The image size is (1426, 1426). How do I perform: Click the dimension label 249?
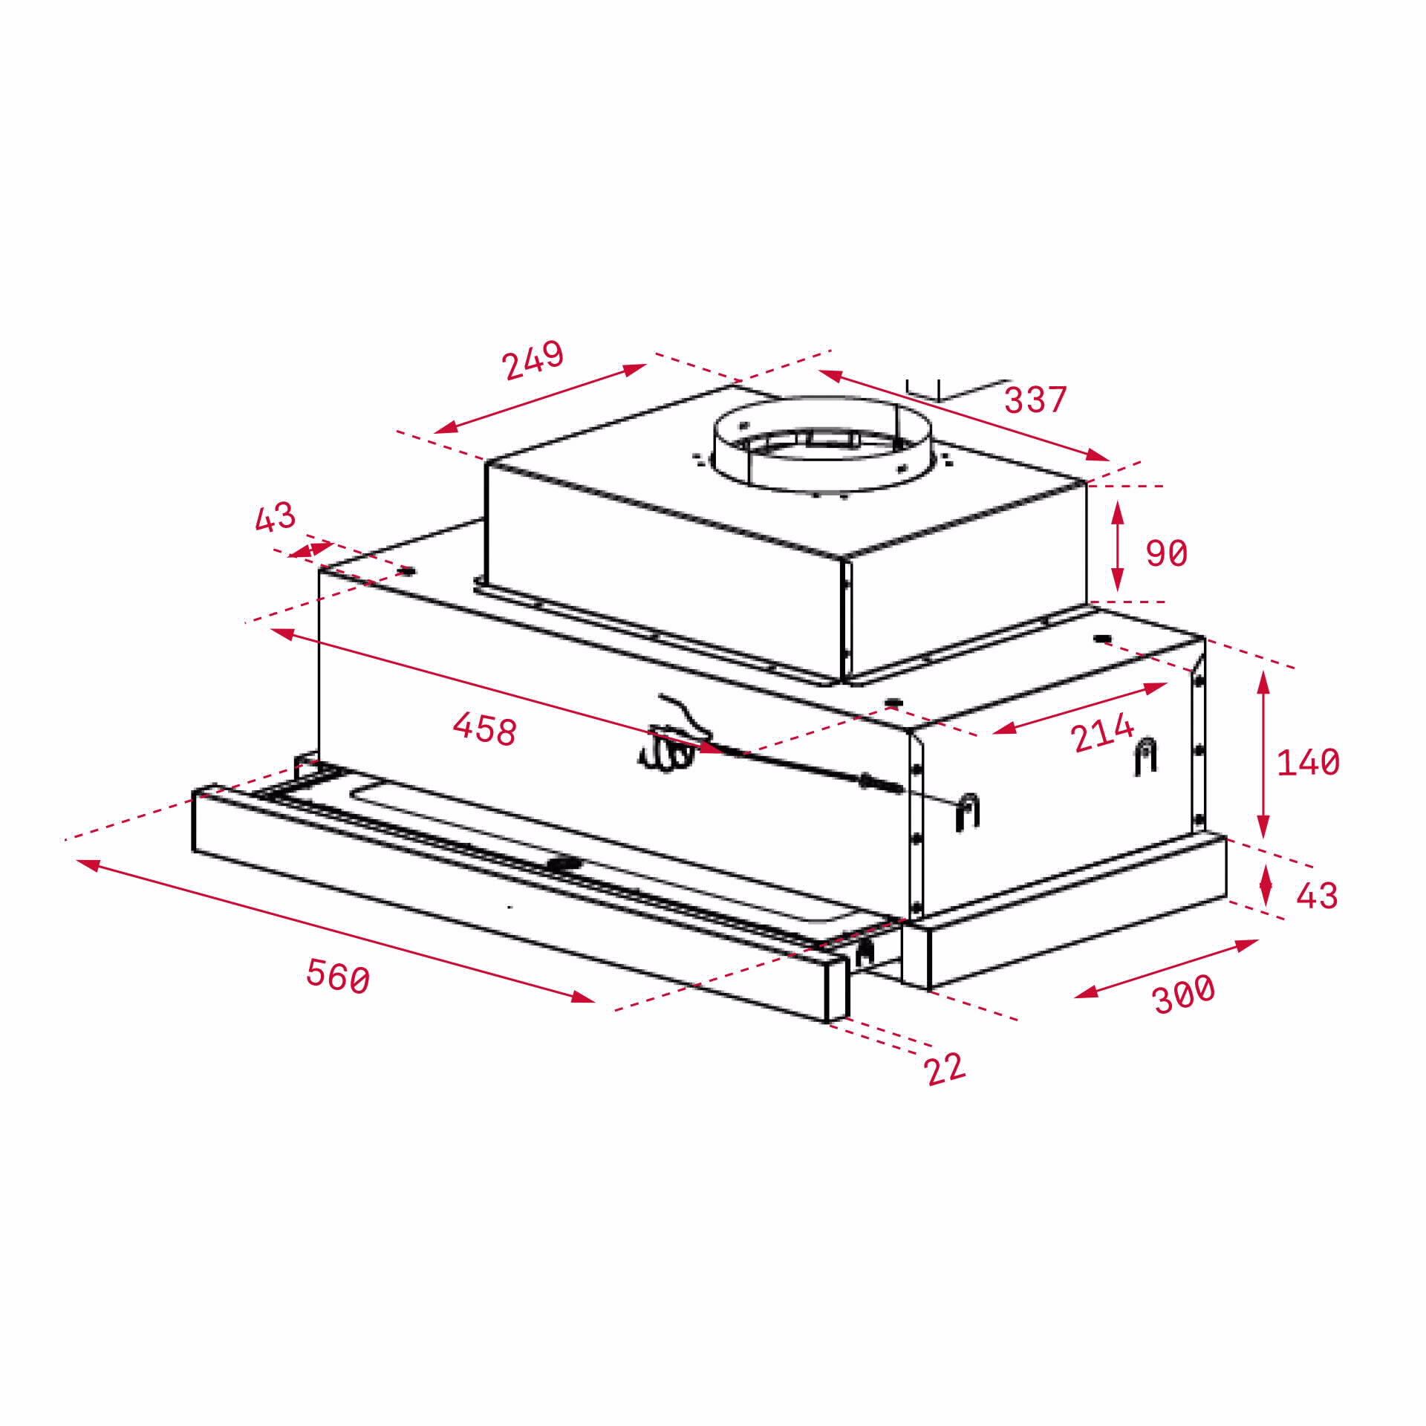pos(533,360)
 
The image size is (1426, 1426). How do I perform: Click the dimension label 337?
pos(1035,400)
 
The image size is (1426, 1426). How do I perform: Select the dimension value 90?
pos(1166,553)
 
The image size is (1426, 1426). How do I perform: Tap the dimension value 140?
pos(1307,762)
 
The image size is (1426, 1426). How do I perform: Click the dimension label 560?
pos(338,975)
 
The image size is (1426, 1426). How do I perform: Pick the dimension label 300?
pos(1183,993)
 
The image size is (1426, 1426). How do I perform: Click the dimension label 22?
pos(945,1069)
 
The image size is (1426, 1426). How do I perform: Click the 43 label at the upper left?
pos(274,517)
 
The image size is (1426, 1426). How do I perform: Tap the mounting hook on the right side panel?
pos(1145,756)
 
